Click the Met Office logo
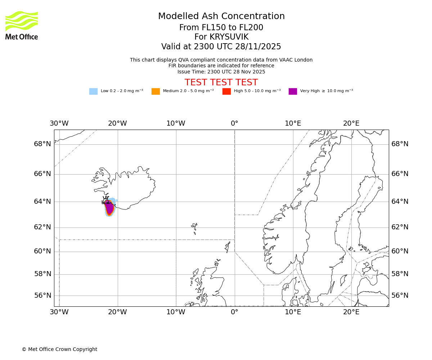point(22,25)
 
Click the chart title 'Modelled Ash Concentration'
point(221,16)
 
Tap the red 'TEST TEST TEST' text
point(221,82)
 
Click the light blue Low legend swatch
point(93,91)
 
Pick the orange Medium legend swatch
point(156,91)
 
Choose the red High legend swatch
point(226,91)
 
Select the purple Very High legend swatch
point(293,91)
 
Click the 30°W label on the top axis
point(59,123)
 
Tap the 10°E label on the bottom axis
point(293,312)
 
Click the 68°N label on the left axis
point(42,144)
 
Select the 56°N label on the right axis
point(400,296)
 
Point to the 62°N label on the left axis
point(42,227)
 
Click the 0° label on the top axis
point(234,123)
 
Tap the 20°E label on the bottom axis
point(351,312)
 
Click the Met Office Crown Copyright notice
point(59,349)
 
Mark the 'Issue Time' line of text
point(221,72)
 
